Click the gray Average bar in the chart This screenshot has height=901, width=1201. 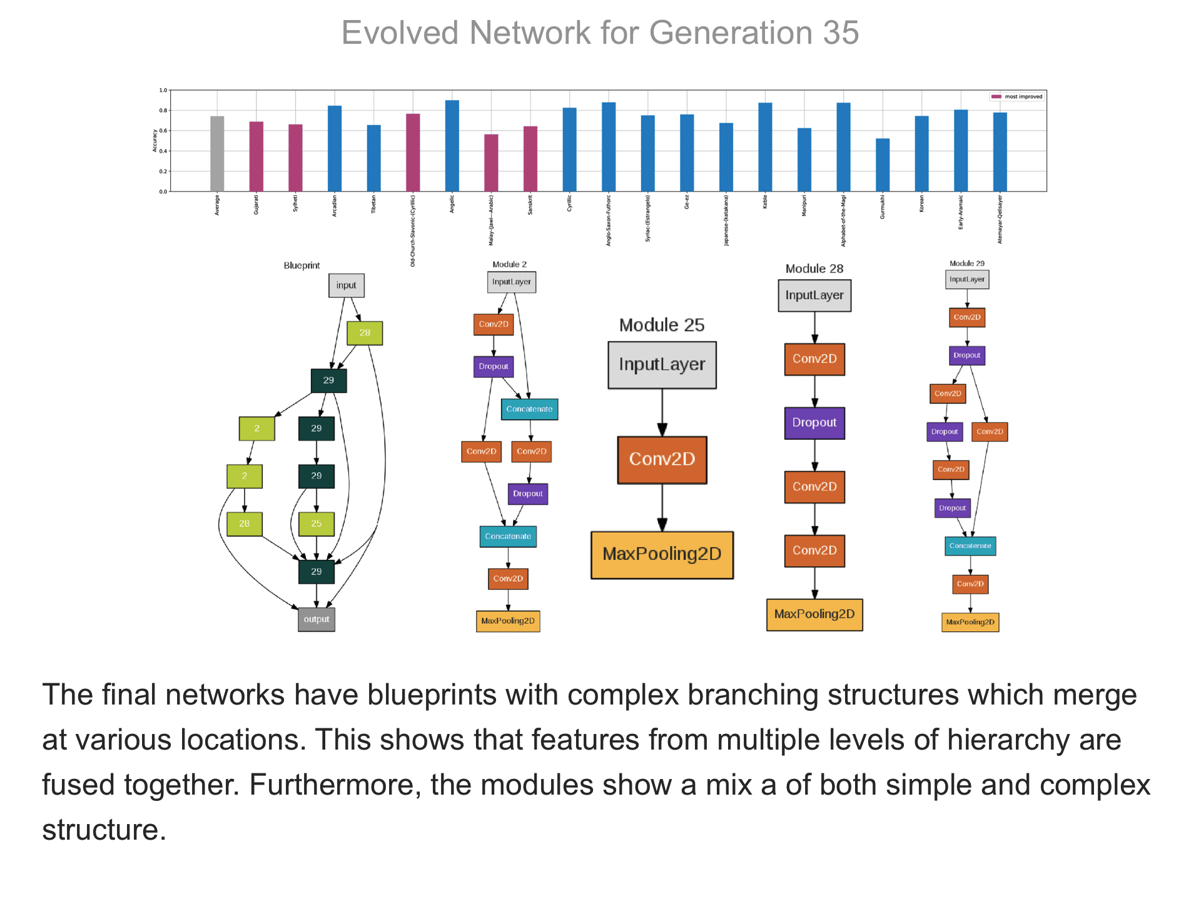click(x=217, y=153)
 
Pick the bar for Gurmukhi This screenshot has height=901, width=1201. click(x=883, y=165)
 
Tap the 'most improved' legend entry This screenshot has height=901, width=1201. click(x=1017, y=96)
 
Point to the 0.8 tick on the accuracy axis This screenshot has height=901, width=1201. click(x=163, y=111)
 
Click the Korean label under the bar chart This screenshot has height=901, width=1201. click(x=921, y=205)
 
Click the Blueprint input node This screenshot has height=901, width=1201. click(x=347, y=285)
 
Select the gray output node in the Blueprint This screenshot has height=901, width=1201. click(x=317, y=619)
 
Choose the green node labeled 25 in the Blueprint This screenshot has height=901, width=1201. click(x=317, y=524)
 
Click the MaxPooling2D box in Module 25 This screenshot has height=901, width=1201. click(x=662, y=555)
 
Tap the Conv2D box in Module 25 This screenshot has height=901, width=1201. click(x=662, y=460)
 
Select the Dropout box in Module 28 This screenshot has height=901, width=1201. click(x=814, y=423)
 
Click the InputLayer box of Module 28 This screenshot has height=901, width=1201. click(x=814, y=295)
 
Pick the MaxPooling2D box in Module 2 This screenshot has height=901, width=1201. click(x=508, y=621)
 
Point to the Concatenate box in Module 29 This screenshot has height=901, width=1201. click(x=970, y=546)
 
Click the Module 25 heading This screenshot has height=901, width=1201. click(x=662, y=325)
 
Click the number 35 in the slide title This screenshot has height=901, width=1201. click(x=841, y=33)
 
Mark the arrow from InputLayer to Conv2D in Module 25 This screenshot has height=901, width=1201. click(x=662, y=413)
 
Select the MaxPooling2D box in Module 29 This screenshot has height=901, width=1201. click(x=970, y=623)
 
